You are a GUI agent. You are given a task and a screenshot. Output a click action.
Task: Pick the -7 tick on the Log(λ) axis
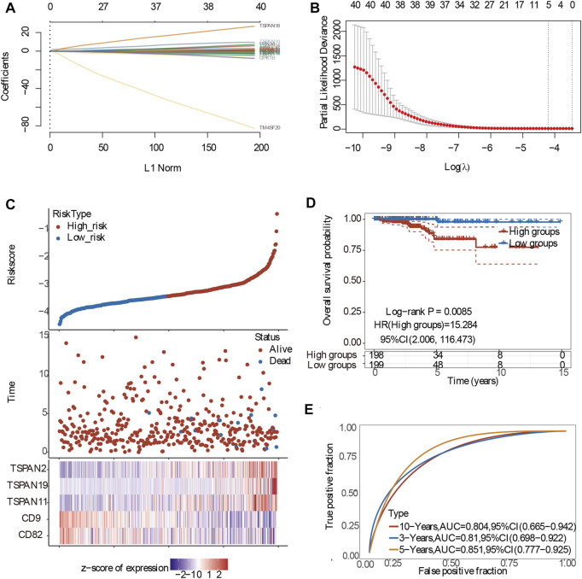458,148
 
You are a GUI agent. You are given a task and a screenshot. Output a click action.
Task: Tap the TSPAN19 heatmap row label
31,485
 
